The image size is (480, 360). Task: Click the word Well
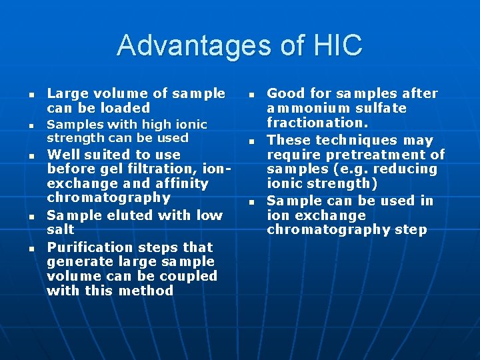tap(63, 155)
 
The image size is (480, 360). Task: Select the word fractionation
tap(312, 123)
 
